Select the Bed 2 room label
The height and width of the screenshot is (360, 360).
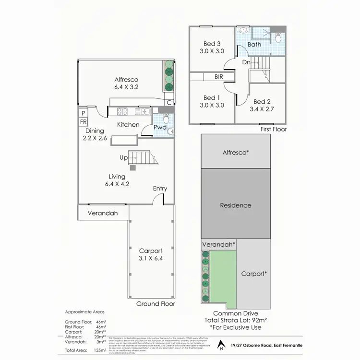262,106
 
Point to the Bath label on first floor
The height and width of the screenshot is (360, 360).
254,45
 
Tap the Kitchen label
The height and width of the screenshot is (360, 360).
129,125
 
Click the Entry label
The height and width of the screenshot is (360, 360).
160,189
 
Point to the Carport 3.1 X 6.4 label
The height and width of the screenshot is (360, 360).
151,254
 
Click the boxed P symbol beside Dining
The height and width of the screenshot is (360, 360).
84,113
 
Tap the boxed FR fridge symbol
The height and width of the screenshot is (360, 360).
84,122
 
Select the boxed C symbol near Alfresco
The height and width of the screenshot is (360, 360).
169,102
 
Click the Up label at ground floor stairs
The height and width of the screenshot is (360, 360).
123,158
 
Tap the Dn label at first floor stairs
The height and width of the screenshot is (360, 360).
246,62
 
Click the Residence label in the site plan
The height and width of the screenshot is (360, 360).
236,205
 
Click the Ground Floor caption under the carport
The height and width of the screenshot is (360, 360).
156,304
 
